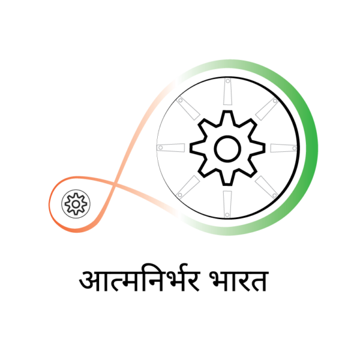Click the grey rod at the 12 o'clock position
tap(227, 92)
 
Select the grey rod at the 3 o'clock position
tap(283, 148)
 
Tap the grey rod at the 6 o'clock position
tap(227, 203)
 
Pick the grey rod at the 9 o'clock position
tap(172, 148)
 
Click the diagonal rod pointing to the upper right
tap(266, 109)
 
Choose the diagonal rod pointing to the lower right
tap(266, 187)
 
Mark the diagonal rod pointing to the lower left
tap(188, 187)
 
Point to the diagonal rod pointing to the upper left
tap(188, 109)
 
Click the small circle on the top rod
tap(227, 81)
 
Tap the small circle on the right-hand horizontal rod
tap(294, 148)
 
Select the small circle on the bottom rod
tap(227, 214)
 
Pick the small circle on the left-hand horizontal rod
tap(160, 148)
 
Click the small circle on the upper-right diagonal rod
tap(275, 101)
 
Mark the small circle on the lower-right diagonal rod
tap(274, 194)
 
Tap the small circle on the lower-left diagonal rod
tap(179, 195)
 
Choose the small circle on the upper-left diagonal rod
tap(180, 100)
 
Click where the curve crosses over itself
tap(114, 182)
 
